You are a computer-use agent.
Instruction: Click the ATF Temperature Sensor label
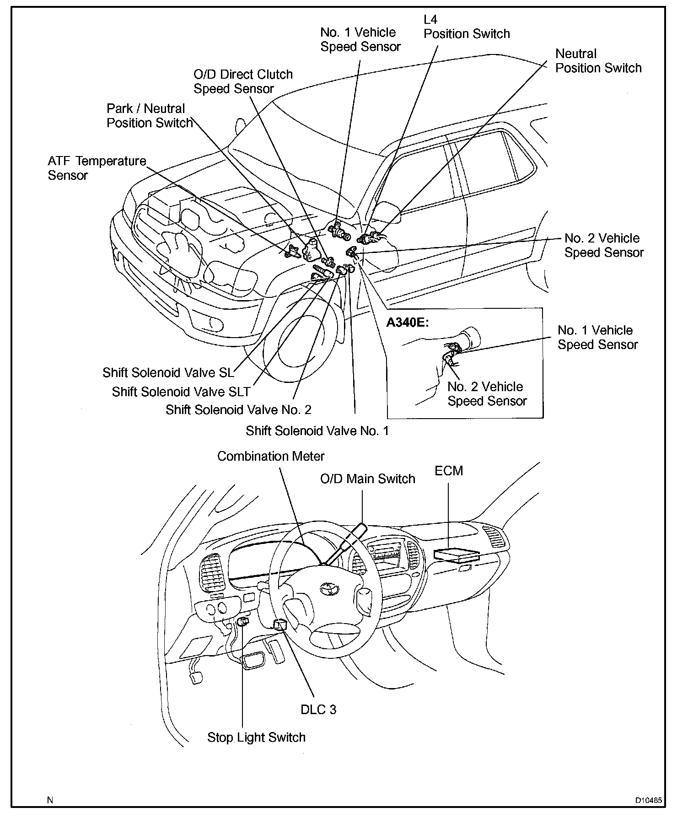click(x=97, y=168)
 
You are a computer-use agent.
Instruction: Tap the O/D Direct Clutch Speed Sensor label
click(x=242, y=81)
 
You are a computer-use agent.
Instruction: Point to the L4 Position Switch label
click(x=466, y=27)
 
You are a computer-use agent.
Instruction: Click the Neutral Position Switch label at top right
click(x=598, y=61)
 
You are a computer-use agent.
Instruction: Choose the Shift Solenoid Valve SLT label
click(x=181, y=392)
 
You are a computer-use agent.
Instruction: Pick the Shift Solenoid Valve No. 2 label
click(x=238, y=409)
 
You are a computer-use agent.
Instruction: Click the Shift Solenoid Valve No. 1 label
click(x=317, y=431)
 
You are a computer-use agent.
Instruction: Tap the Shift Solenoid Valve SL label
click(x=168, y=372)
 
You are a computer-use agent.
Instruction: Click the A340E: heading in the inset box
click(x=408, y=323)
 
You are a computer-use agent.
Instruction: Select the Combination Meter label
click(x=271, y=456)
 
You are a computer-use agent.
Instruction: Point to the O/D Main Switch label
click(x=367, y=479)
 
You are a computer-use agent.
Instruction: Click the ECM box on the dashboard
click(x=456, y=555)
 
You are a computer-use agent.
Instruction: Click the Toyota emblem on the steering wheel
click(x=328, y=588)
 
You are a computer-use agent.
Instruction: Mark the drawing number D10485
click(x=648, y=801)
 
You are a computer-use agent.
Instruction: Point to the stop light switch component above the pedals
click(x=242, y=621)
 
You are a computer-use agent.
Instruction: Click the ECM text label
click(x=449, y=471)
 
